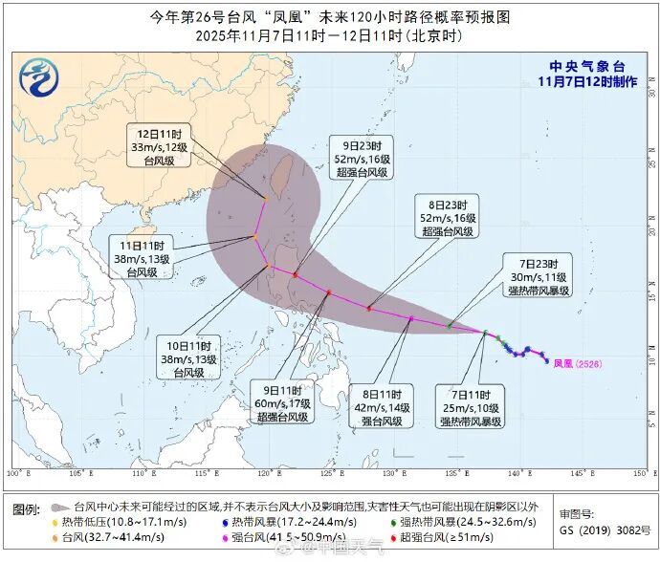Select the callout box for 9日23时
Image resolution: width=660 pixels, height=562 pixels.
(360, 159)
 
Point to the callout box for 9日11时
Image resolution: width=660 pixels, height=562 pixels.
(283, 403)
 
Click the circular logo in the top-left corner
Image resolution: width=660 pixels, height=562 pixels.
(39, 77)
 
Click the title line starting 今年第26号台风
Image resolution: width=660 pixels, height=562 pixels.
(330, 17)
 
